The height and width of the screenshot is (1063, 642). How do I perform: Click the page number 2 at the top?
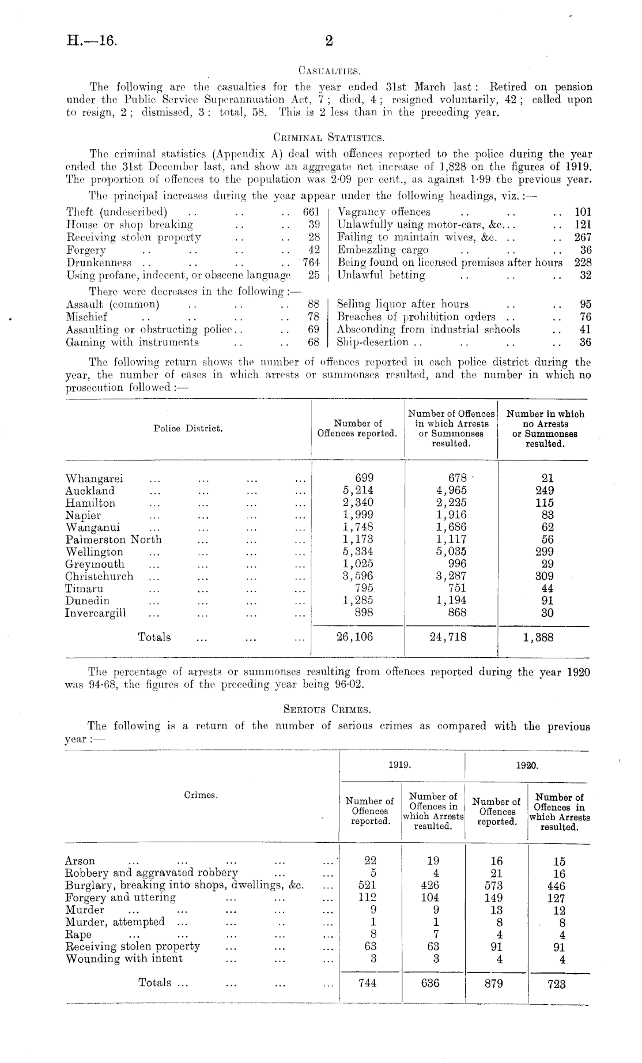[x=329, y=40]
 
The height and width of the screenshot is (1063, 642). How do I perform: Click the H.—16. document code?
[x=92, y=41]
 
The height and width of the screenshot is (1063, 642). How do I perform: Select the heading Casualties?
[x=329, y=71]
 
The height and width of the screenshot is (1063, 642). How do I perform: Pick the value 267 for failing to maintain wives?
[x=583, y=237]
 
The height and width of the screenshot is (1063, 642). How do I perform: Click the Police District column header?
[x=188, y=428]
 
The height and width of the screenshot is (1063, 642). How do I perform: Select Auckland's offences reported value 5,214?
[x=357, y=491]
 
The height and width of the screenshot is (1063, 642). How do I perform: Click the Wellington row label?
[x=94, y=552]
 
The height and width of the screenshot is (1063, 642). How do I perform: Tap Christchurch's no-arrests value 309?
[x=544, y=576]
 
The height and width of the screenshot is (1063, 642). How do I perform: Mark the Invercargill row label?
[x=95, y=613]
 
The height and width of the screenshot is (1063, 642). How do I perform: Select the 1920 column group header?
[x=527, y=766]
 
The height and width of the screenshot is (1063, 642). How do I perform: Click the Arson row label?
[x=80, y=861]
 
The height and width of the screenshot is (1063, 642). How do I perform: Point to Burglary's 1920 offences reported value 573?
[x=494, y=885]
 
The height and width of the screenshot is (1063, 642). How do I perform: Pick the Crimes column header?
[x=201, y=795]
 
